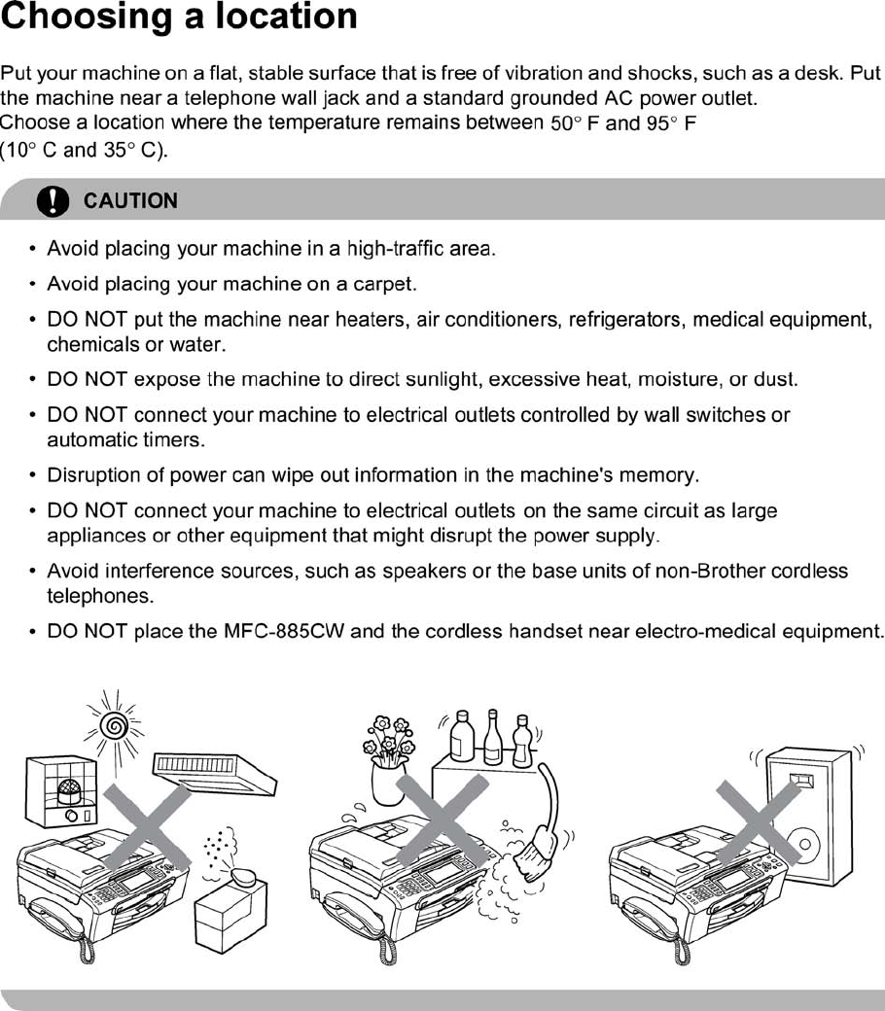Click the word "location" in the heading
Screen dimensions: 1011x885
coord(283,17)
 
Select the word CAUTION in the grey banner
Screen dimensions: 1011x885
coord(130,201)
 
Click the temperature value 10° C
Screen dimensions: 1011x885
coord(28,152)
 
